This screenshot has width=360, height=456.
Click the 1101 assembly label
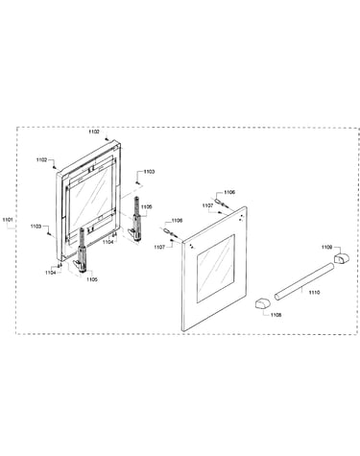pos(7,220)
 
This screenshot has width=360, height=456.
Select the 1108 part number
pos(276,315)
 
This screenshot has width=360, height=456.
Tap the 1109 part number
pos(326,247)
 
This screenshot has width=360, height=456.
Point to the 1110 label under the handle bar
pos(314,292)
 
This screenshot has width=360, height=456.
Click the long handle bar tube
pos(304,281)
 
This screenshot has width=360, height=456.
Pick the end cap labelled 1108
pos(262,303)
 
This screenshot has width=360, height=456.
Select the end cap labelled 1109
pos(342,257)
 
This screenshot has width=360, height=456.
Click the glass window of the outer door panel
pos(216,268)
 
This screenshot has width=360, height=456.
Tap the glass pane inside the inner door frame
pos(90,204)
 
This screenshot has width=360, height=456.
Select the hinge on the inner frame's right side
pos(135,219)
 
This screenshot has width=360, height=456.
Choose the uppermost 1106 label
pos(229,192)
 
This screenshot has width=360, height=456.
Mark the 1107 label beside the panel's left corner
pos(159,247)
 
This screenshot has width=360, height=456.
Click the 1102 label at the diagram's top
pos(94,132)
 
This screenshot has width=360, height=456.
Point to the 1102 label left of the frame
pos(41,159)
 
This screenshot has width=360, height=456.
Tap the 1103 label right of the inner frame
pos(149,172)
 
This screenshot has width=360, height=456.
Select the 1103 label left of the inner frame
pos(36,227)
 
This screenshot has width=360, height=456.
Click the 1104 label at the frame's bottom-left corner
pos(50,273)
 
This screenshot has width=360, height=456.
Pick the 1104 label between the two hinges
pos(108,243)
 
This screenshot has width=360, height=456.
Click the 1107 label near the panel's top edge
pos(207,205)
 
